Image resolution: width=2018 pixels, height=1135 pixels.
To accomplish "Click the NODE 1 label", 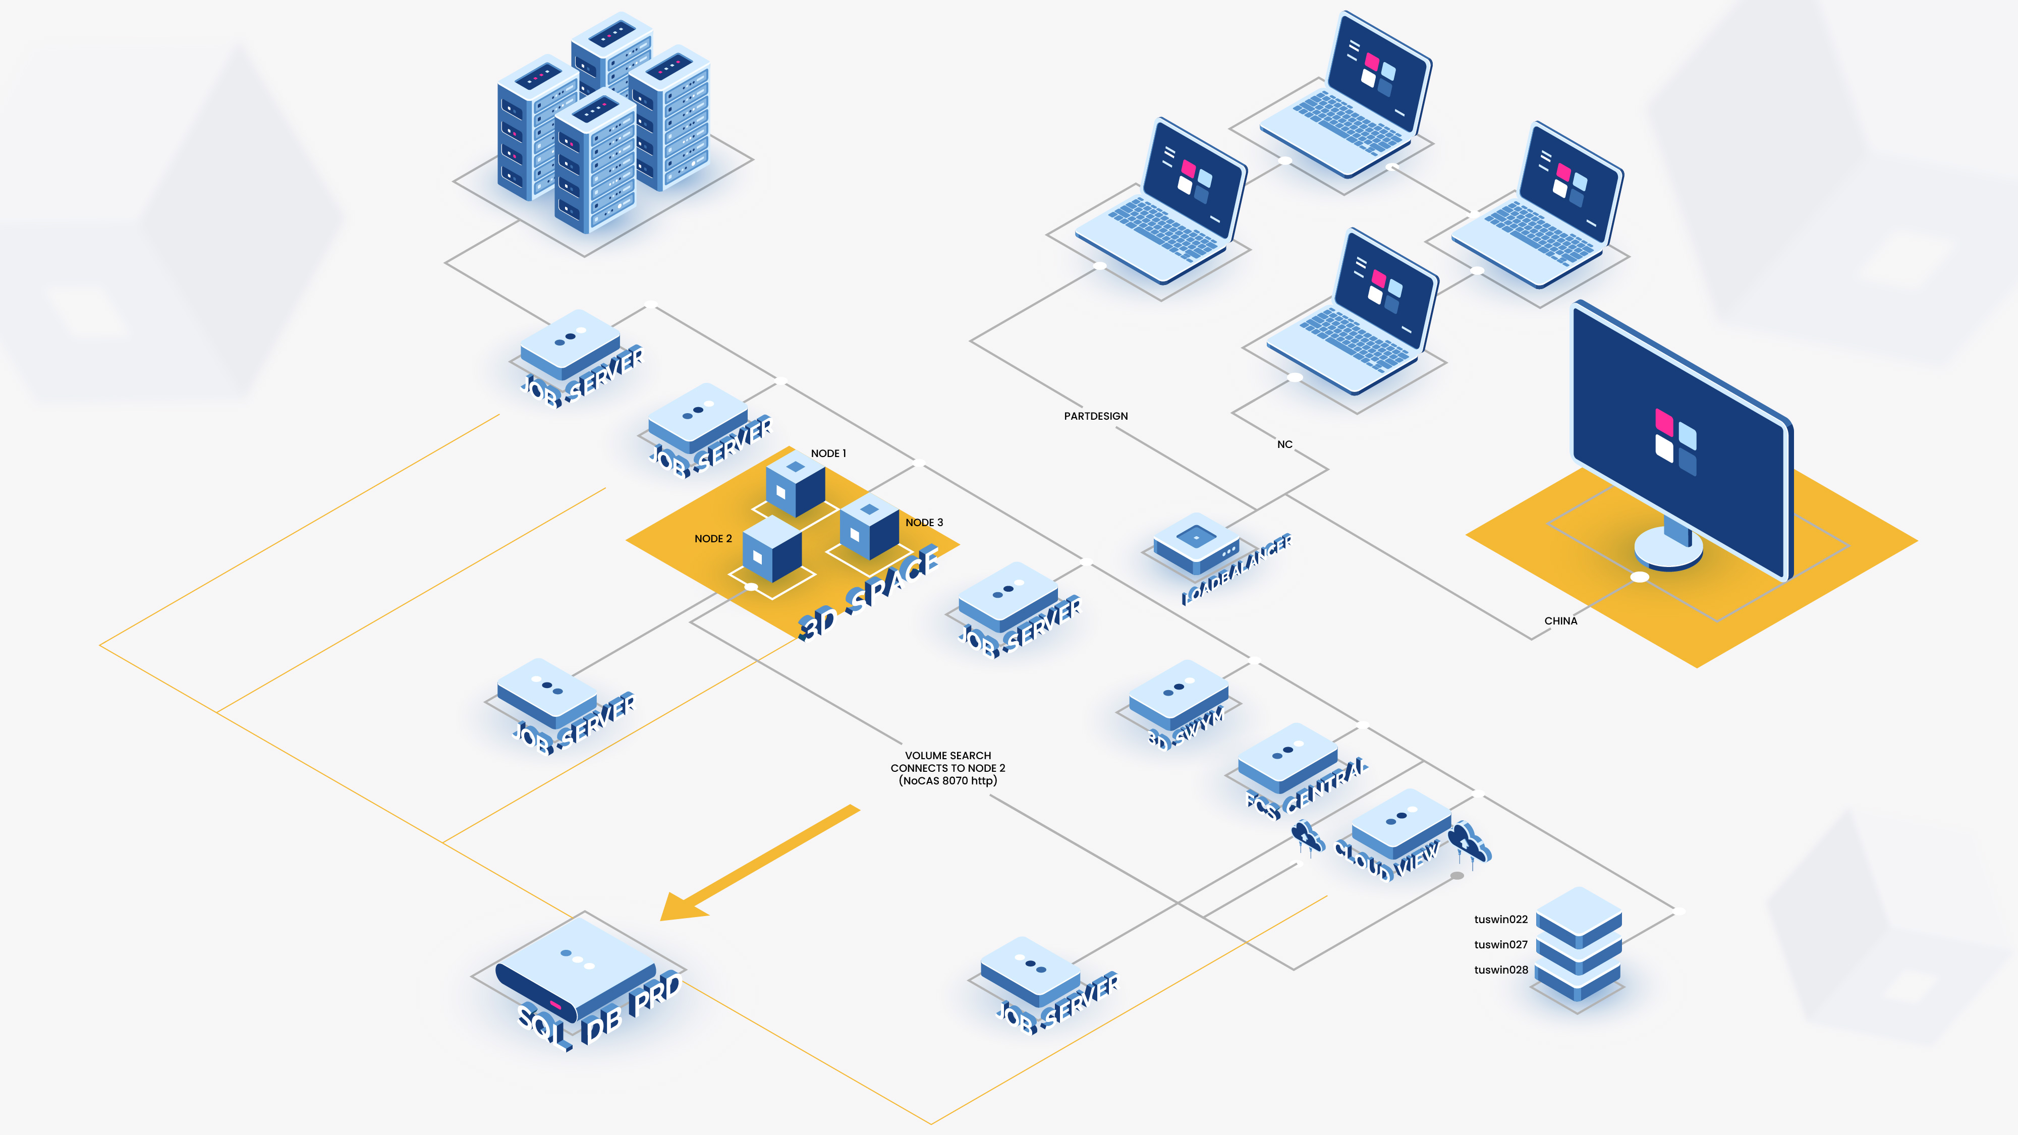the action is click(828, 453).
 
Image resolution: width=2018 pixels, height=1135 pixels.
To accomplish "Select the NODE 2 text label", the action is click(713, 539).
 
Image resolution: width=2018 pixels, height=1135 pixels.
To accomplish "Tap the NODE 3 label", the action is click(924, 523).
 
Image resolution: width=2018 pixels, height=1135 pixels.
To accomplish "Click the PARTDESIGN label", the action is click(1095, 416).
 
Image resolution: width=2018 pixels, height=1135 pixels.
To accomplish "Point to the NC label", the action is click(1285, 444).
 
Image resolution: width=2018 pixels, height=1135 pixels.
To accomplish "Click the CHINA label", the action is click(1560, 621).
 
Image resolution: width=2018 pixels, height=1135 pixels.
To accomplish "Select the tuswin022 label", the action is click(1500, 920).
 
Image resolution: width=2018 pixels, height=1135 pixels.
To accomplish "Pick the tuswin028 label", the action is click(1500, 970).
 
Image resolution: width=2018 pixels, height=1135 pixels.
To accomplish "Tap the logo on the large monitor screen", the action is click(1675, 440).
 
